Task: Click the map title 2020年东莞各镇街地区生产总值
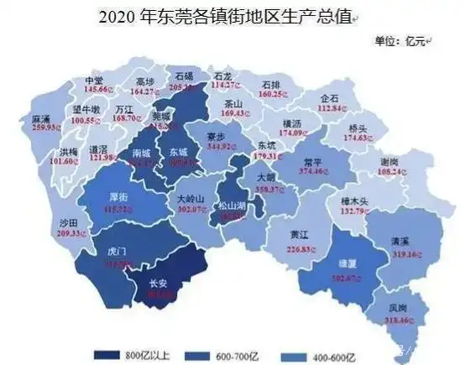pyautogui.click(x=226, y=14)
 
